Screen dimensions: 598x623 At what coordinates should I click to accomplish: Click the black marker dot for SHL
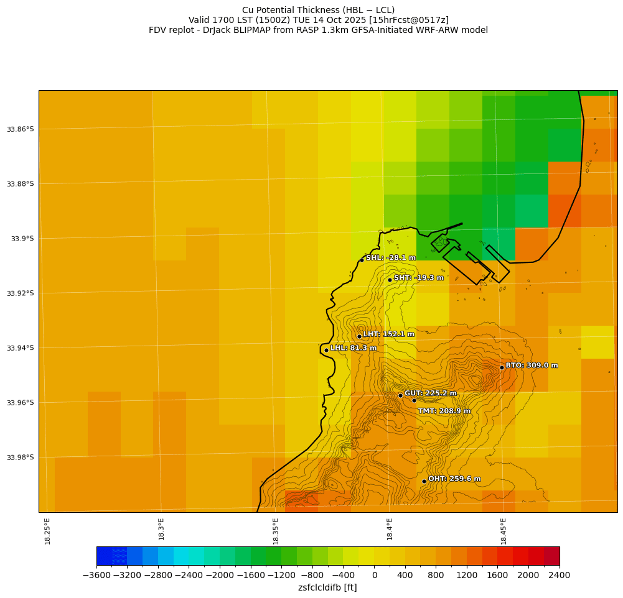point(362,260)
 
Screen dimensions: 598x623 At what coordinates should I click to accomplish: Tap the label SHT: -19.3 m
point(419,278)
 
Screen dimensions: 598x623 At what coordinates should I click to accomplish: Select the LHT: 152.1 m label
point(388,334)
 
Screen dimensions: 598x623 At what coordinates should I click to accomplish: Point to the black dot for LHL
point(326,350)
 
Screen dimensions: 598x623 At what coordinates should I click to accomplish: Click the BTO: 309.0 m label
point(532,366)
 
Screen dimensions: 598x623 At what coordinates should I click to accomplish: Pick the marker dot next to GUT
point(400,395)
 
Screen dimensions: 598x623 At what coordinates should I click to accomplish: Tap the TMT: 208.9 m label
point(444,411)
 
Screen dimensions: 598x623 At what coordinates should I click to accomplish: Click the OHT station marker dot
point(424,481)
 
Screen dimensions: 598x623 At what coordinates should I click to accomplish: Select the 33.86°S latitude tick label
point(20,129)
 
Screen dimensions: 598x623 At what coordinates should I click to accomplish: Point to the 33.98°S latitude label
point(20,458)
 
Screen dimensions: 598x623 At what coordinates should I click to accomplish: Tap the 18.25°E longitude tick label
point(48,531)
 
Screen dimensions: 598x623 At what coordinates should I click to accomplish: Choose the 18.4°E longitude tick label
point(390,529)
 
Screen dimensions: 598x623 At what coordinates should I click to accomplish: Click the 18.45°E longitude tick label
point(504,531)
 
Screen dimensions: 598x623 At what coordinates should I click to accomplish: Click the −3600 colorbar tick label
point(96,575)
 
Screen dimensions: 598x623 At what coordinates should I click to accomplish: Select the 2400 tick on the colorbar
point(559,575)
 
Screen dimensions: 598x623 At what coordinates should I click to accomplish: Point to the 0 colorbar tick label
point(374,575)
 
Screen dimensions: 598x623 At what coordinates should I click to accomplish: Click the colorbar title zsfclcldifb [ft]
point(327,587)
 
